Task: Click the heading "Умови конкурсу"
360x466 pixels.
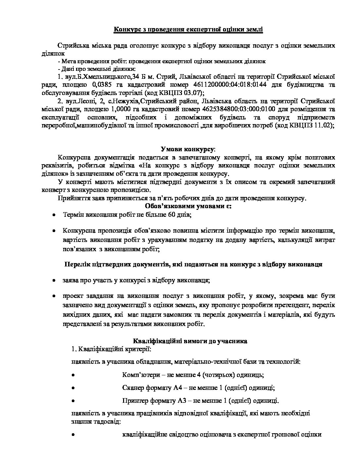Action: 188,149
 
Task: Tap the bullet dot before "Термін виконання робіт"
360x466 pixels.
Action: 54,215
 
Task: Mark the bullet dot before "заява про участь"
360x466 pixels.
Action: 54,280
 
